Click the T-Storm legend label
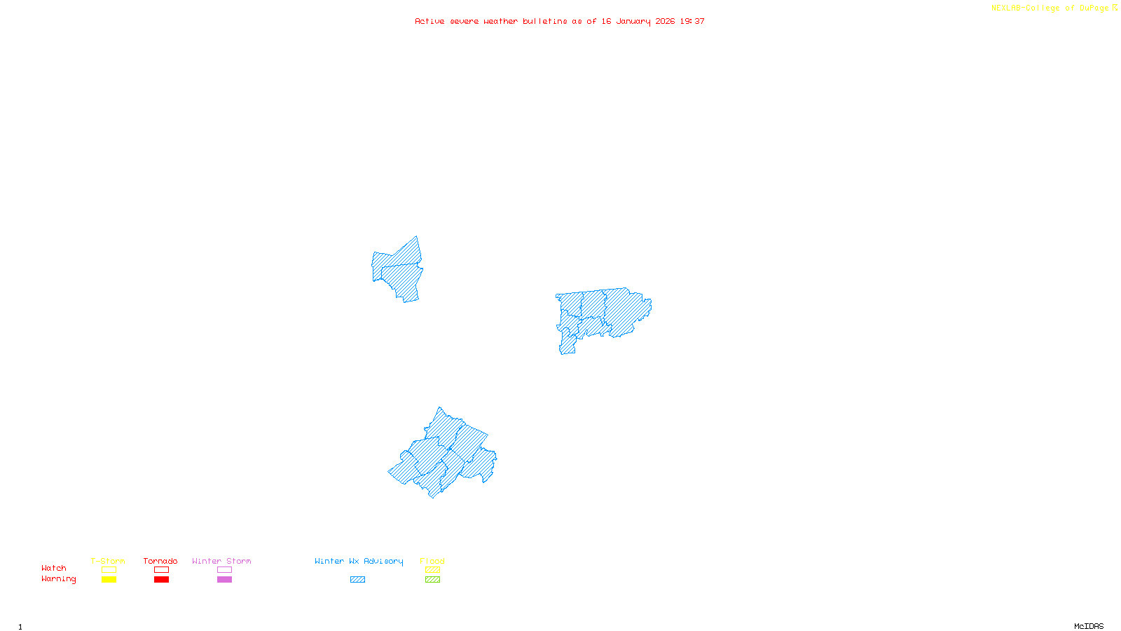(108, 561)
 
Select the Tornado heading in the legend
(160, 561)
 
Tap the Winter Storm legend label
(221, 561)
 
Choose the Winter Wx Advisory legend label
(359, 561)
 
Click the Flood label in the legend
(432, 561)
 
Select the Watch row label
(54, 568)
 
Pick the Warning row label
(58, 579)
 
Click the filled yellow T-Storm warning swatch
(109, 580)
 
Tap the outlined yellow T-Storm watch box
(109, 570)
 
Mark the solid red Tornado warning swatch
(161, 580)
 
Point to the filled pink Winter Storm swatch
(224, 580)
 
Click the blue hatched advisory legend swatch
(357, 580)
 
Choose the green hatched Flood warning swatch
(432, 580)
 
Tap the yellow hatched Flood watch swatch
(432, 570)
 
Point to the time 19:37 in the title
(692, 21)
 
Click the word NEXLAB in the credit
(1005, 8)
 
